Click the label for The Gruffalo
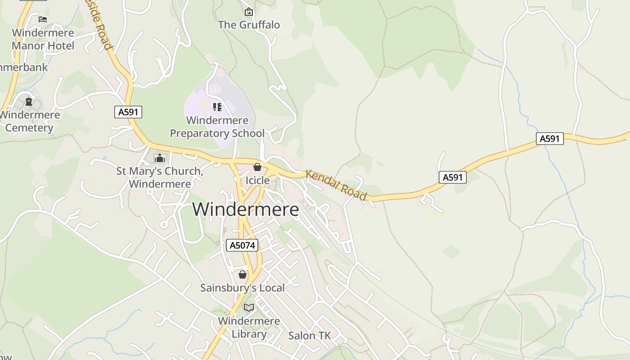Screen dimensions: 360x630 pyautogui.click(x=249, y=25)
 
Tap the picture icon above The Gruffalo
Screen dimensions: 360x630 pyautogui.click(x=249, y=12)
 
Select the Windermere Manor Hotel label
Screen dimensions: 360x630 pyautogui.click(x=43, y=39)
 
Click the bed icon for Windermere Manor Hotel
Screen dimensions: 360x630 pyautogui.click(x=43, y=19)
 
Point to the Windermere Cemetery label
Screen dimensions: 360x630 pyautogui.click(x=30, y=121)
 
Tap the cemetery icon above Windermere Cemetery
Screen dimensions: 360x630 pyautogui.click(x=29, y=102)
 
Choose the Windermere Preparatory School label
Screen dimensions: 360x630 pyautogui.click(x=217, y=127)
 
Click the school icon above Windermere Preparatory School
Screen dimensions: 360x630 pyautogui.click(x=217, y=107)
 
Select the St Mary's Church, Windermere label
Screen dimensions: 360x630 pyautogui.click(x=160, y=177)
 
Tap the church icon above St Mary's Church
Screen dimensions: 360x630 pyautogui.click(x=159, y=158)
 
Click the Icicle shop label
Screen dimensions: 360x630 pyautogui.click(x=257, y=180)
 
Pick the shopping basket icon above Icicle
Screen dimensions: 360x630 pyautogui.click(x=257, y=167)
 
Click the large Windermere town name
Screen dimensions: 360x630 pyautogui.click(x=246, y=210)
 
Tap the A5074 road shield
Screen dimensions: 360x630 pyautogui.click(x=242, y=245)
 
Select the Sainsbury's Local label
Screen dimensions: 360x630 pyautogui.click(x=243, y=288)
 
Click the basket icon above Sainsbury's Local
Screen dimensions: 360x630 pyautogui.click(x=243, y=274)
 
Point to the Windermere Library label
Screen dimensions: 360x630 pyautogui.click(x=249, y=328)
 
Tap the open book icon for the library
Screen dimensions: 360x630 pyautogui.click(x=249, y=308)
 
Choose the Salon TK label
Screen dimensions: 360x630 pyautogui.click(x=309, y=336)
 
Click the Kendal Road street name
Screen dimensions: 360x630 pyautogui.click(x=336, y=185)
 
